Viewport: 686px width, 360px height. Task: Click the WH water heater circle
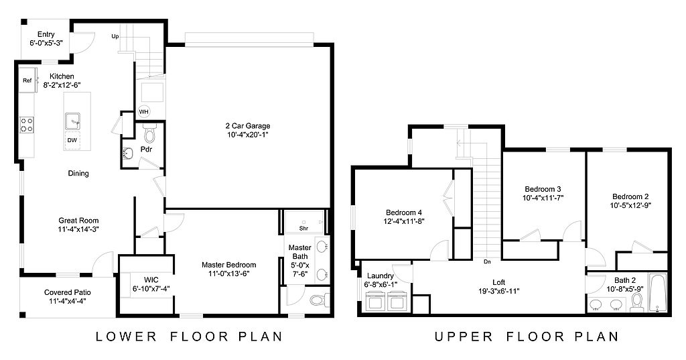pyautogui.click(x=144, y=112)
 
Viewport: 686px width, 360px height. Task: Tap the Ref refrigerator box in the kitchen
pyautogui.click(x=27, y=80)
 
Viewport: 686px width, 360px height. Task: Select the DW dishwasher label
pyautogui.click(x=72, y=140)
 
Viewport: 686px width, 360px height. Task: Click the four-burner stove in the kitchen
pyautogui.click(x=26, y=125)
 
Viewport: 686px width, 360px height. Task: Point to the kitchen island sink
pyautogui.click(x=72, y=121)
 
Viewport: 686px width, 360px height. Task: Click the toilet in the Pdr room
pyautogui.click(x=149, y=133)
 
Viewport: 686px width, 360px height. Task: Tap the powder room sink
pyautogui.click(x=128, y=154)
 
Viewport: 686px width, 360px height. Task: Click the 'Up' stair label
pyautogui.click(x=115, y=36)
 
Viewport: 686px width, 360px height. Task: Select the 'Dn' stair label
pyautogui.click(x=488, y=262)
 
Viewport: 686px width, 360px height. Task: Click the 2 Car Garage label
pyautogui.click(x=248, y=125)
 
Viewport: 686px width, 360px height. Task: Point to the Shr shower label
pyautogui.click(x=303, y=228)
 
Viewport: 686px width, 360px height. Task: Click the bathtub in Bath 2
pyautogui.click(x=657, y=292)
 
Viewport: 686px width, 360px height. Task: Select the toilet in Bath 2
pyautogui.click(x=636, y=302)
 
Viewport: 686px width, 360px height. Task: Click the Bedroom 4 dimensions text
pyautogui.click(x=404, y=222)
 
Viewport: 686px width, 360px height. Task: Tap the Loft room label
pyautogui.click(x=498, y=282)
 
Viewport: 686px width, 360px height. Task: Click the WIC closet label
pyautogui.click(x=151, y=280)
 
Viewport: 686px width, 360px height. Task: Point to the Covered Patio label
pyautogui.click(x=68, y=292)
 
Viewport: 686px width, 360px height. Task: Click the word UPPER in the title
pyautogui.click(x=464, y=337)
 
